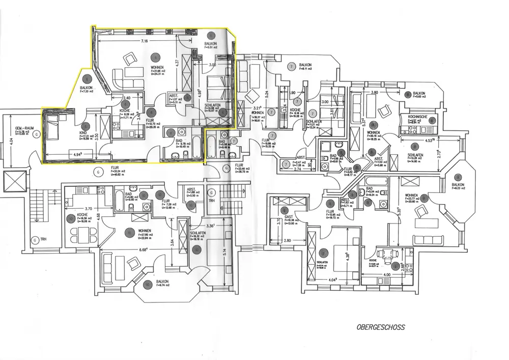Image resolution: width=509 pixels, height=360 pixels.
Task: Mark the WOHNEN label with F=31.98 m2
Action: pyautogui.click(x=157, y=68)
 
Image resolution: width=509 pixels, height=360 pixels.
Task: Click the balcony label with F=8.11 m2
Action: pyautogui.click(x=305, y=65)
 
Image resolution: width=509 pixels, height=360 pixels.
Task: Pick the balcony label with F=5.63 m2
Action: pyautogui.click(x=419, y=94)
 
